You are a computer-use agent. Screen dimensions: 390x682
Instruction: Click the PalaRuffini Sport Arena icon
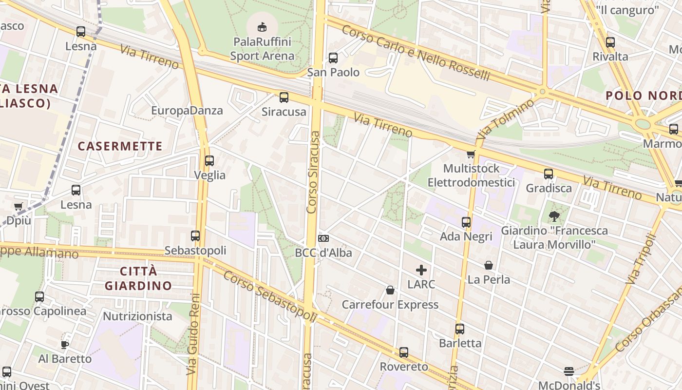pos(262,26)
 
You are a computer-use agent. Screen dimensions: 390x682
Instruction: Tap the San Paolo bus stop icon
pos(333,58)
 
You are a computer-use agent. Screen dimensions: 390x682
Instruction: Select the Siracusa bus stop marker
pos(284,97)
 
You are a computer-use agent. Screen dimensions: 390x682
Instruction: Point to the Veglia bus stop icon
pos(209,160)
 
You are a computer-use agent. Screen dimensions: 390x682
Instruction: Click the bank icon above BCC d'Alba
pos(323,238)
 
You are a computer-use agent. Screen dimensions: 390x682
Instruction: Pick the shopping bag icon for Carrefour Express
pos(390,291)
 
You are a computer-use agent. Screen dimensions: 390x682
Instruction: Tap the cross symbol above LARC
pos(421,270)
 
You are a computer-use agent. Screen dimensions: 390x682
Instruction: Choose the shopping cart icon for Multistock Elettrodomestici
pos(471,155)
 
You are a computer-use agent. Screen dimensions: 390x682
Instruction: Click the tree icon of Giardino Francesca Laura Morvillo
pos(553,216)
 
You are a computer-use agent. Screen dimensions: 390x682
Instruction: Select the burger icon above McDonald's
pos(568,371)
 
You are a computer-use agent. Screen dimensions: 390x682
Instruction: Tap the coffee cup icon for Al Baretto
pos(64,345)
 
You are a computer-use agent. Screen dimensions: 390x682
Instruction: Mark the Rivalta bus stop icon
pos(610,42)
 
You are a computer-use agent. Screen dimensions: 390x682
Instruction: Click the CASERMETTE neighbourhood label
pos(120,146)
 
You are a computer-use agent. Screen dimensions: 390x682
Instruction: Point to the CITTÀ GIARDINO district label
pos(138,278)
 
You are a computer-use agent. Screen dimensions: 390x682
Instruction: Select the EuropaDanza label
pos(187,110)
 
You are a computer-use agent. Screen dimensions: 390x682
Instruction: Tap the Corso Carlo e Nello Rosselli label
pos(416,53)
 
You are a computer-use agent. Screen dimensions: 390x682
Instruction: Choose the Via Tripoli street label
pos(641,259)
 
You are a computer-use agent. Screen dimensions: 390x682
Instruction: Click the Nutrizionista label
pos(137,316)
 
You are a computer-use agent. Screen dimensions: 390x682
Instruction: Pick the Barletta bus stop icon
pos(460,329)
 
